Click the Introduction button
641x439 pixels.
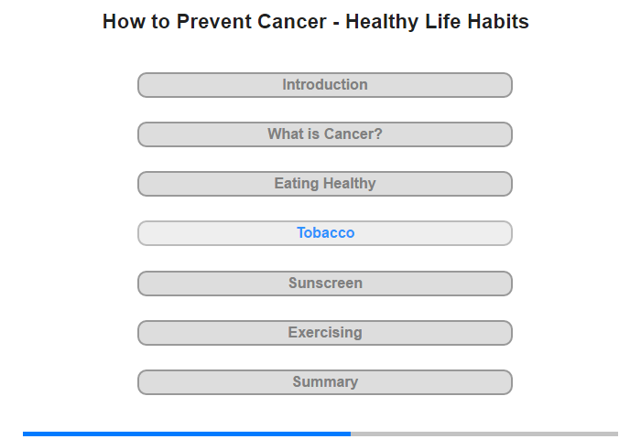point(325,85)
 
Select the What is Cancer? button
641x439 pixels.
point(325,134)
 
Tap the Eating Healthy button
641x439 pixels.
point(325,184)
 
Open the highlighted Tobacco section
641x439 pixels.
point(325,233)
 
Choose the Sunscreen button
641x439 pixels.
point(325,284)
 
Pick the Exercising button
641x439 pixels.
point(325,333)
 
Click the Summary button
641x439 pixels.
point(325,382)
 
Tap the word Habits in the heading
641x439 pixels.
point(498,22)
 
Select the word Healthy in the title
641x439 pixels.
point(382,23)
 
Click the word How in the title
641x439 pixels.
point(124,22)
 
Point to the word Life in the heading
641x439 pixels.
point(442,22)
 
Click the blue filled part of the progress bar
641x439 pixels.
point(187,434)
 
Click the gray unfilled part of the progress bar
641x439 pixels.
point(484,434)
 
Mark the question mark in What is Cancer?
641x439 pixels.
point(378,134)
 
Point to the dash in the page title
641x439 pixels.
point(336,23)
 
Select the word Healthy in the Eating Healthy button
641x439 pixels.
point(349,184)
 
